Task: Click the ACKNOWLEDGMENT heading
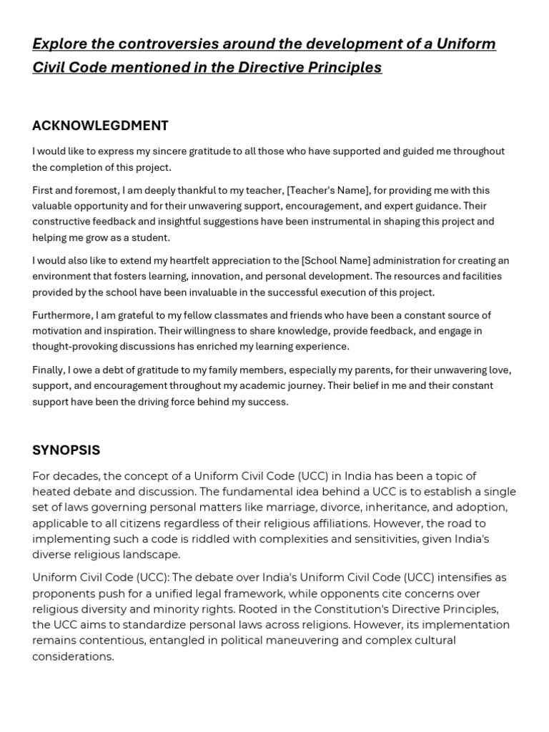tap(100, 126)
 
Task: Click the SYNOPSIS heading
tap(66, 450)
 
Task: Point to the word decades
tap(71, 476)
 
